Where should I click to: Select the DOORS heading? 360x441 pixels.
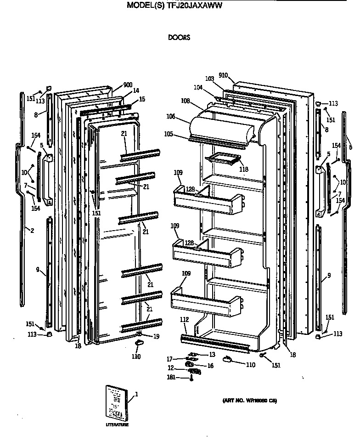pos(179,38)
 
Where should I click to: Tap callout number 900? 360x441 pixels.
pos(128,85)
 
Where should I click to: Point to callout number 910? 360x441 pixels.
pos(224,75)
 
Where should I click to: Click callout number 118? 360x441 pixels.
pos(243,170)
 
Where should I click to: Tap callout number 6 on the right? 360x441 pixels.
pos(350,147)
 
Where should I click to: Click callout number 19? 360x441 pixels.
pos(156,336)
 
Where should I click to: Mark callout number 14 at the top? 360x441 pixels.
pos(136,90)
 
